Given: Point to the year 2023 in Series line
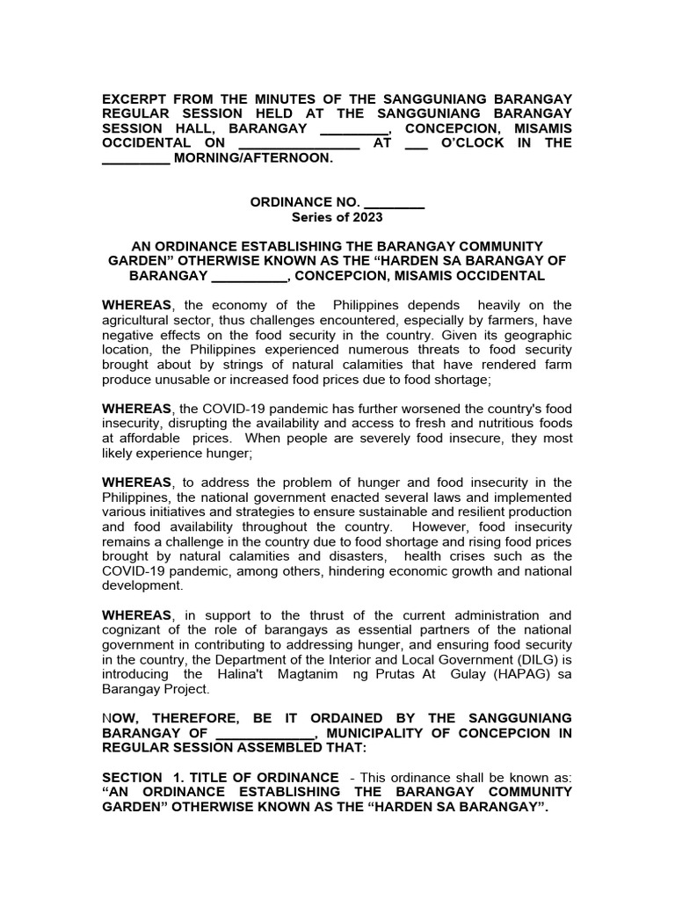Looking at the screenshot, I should [x=367, y=217].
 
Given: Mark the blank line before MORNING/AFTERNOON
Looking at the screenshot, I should [x=135, y=158].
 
